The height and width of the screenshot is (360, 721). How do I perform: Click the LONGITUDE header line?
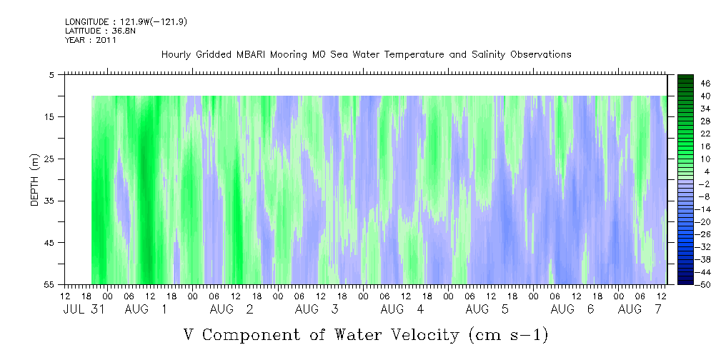coord(126,21)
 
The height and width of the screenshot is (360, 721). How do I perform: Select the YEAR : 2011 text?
coord(91,40)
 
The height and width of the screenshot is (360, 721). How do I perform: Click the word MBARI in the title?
coord(252,55)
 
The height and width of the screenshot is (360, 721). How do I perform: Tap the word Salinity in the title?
coord(488,55)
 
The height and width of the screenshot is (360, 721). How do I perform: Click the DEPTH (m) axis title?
coord(35,180)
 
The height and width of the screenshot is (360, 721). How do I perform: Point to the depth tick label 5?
coord(51,74)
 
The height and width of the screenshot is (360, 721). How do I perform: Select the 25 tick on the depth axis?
coord(49,159)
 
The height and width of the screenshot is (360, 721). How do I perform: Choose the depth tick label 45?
coord(49,242)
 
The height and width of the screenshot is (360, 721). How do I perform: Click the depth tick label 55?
coord(49,284)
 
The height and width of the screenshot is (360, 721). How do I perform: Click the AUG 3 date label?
coord(317,309)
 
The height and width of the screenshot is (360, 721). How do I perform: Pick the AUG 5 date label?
coord(487,309)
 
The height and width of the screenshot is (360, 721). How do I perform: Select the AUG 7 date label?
coord(640,309)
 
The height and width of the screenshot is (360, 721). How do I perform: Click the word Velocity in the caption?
coord(419,335)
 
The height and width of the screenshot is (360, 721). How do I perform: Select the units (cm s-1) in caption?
coord(508,335)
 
